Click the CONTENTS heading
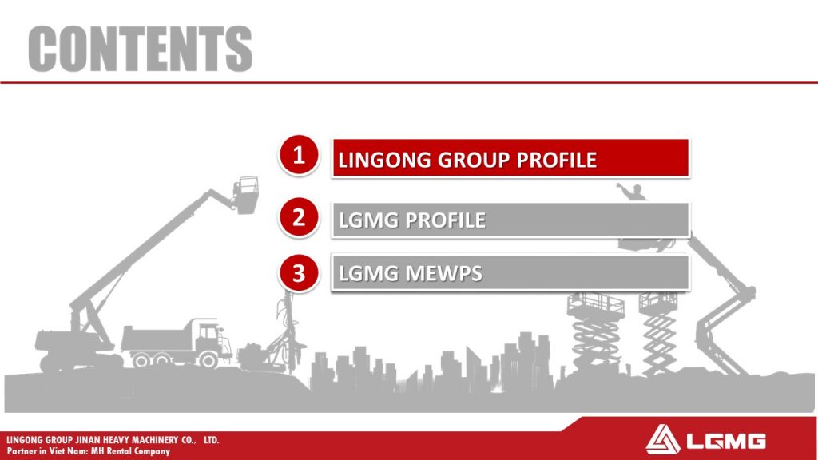click(141, 49)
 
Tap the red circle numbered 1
click(299, 155)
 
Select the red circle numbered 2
click(299, 217)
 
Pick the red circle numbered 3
click(299, 273)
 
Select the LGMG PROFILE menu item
click(510, 220)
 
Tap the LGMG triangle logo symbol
click(662, 439)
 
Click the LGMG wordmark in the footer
click(726, 441)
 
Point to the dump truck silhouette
click(177, 342)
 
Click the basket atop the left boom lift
click(246, 195)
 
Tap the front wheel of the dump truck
click(208, 359)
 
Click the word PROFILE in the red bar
click(557, 160)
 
